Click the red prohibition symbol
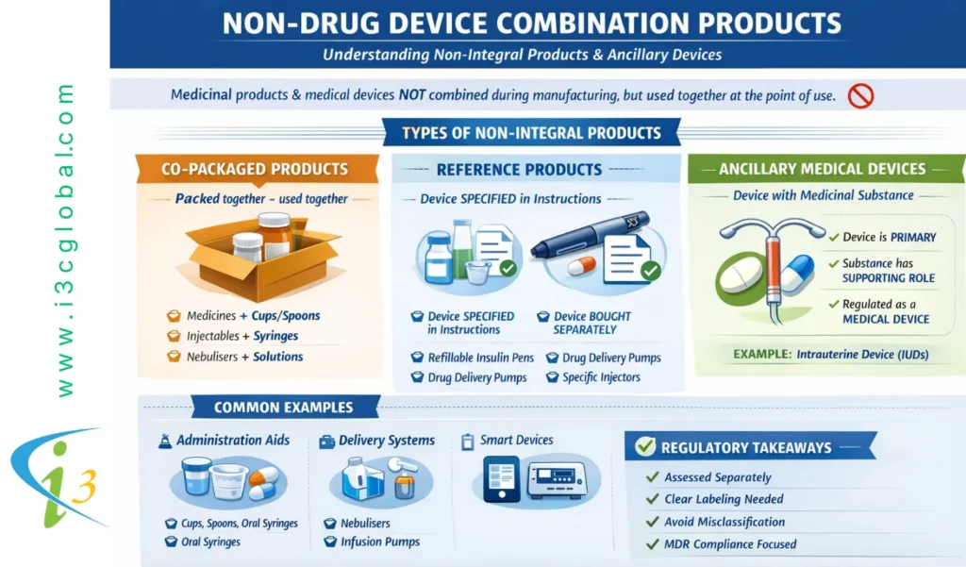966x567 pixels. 860,96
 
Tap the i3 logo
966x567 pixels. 58,478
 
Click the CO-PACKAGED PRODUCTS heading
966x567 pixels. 255,169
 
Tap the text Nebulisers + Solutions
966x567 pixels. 244,357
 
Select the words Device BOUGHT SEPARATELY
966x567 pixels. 591,323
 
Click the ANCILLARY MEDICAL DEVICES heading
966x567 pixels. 822,169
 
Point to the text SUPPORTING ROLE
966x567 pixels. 889,278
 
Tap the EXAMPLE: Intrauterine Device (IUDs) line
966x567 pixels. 830,355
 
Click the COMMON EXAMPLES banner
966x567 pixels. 283,408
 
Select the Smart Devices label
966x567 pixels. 516,440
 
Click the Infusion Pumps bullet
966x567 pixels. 380,542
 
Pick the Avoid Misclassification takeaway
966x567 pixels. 724,522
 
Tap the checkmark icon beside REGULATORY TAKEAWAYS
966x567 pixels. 645,446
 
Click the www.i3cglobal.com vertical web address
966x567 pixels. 65,241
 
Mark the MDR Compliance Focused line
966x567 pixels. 730,544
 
